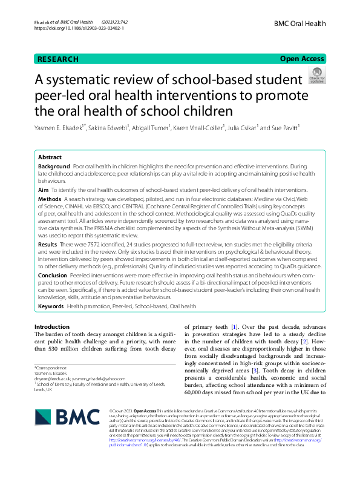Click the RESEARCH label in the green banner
pos(58,59)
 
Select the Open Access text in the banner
pos(302,59)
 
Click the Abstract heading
pos(50,156)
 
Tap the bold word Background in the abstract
pos(54,166)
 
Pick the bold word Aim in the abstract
pos(43,190)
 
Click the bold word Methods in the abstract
pos(50,199)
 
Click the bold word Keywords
pos(51,307)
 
